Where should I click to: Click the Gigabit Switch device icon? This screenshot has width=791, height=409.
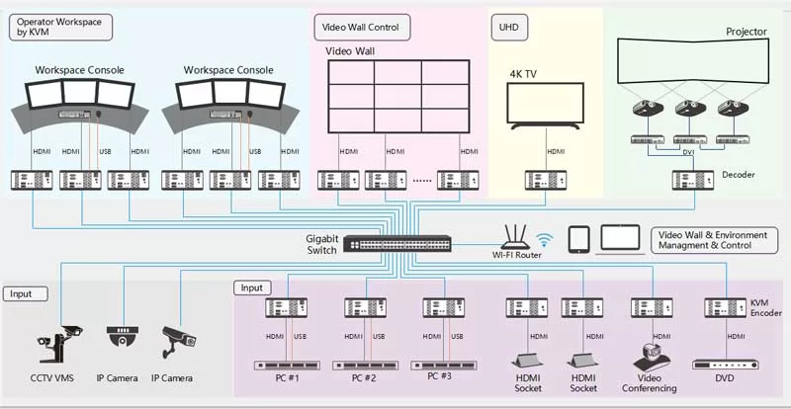tap(397, 244)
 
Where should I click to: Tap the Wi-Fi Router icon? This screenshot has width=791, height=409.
tap(516, 237)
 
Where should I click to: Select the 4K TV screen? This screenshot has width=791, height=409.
tap(546, 103)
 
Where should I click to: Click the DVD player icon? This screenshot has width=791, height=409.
tap(726, 365)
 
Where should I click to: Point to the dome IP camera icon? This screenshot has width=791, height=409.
tap(122, 336)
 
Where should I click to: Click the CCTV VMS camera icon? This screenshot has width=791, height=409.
tap(59, 344)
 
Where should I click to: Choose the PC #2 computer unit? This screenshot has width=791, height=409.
tap(365, 366)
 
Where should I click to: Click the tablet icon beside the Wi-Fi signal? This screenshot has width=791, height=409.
tap(578, 239)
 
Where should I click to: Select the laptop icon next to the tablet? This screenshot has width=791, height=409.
tap(620, 239)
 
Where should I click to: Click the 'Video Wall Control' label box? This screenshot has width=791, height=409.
tap(362, 28)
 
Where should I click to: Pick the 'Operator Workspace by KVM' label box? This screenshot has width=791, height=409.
tap(60, 28)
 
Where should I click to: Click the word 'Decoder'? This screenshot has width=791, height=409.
tap(739, 175)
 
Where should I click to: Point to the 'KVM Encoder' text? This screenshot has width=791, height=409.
tap(765, 308)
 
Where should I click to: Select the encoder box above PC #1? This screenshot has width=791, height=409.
tap(287, 307)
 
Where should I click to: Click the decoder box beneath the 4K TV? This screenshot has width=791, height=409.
tap(546, 180)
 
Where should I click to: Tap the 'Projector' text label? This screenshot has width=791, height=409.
tap(747, 32)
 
